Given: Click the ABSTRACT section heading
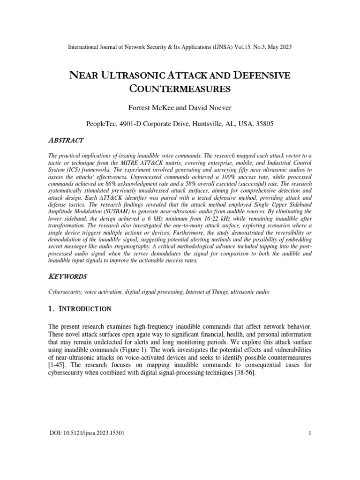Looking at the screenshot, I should tap(66, 140).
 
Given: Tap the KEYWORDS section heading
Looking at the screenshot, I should tap(68, 277).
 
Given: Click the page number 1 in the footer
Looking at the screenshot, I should tap(310, 432).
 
